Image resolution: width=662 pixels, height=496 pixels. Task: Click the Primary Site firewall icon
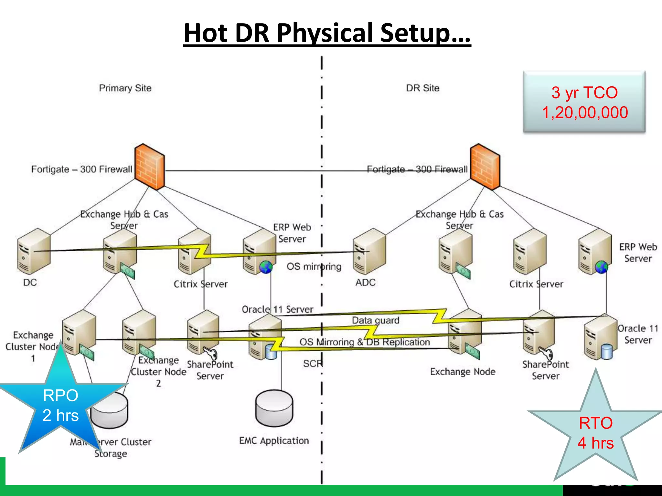tap(150, 167)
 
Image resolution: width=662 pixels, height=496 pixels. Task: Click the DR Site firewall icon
tap(485, 167)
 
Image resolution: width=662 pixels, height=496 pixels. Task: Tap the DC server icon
tap(34, 251)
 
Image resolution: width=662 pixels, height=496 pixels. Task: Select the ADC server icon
tap(369, 251)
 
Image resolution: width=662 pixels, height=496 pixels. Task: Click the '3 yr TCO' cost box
tap(584, 102)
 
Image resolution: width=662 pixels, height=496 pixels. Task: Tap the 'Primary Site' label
tap(125, 88)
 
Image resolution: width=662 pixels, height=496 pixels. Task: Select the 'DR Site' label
tap(422, 88)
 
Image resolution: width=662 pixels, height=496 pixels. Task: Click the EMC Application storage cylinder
tap(274, 408)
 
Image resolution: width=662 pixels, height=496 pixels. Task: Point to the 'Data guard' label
tap(375, 320)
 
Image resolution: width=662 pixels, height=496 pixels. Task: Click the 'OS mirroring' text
tap(314, 266)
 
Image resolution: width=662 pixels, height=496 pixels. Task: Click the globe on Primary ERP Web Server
tap(266, 267)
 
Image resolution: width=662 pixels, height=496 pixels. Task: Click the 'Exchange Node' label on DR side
tap(462, 372)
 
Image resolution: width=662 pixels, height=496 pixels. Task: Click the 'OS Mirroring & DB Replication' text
tap(365, 342)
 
